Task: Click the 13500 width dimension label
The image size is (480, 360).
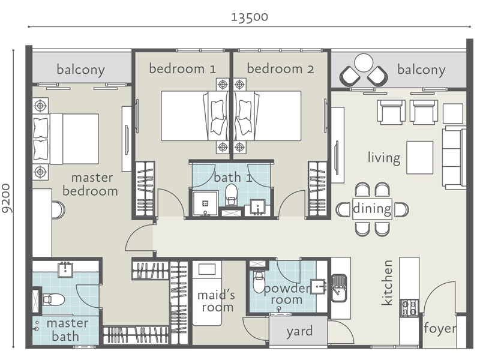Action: (250, 17)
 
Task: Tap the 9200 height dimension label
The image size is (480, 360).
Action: (7, 198)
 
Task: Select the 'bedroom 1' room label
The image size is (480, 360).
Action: (182, 68)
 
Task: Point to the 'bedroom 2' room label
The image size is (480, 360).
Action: (280, 68)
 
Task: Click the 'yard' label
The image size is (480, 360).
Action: (299, 332)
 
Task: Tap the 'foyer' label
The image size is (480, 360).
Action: (440, 328)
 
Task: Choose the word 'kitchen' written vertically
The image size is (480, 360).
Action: (387, 283)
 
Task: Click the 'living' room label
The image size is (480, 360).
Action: (384, 158)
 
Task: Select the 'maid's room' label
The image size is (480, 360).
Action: (216, 301)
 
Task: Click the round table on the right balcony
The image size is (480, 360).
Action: (364, 63)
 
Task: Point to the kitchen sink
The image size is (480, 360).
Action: (339, 288)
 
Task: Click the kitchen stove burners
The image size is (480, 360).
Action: (410, 308)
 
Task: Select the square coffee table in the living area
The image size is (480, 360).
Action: (419, 157)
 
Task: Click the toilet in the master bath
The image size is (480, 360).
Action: (53, 299)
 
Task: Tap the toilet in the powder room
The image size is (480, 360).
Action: (258, 282)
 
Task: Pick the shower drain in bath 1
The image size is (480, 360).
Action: (205, 203)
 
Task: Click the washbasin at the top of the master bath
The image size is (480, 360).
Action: (65, 269)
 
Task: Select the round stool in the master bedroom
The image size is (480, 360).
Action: (58, 210)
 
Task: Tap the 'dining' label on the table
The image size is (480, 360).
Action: (372, 209)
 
